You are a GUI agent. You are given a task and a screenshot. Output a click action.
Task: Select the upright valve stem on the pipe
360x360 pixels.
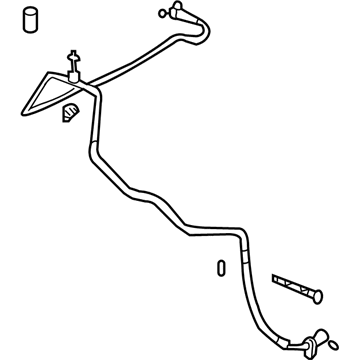tap(74, 63)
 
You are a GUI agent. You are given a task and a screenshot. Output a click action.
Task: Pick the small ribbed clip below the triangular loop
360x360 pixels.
tap(69, 113)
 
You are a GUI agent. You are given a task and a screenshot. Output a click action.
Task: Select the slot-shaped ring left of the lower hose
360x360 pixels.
tap(220, 270)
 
